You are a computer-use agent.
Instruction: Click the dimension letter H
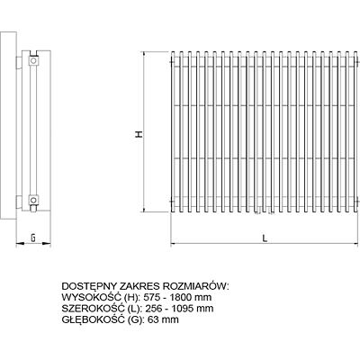click(139, 134)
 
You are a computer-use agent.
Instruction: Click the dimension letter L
click(265, 238)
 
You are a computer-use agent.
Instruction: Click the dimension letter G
click(33, 238)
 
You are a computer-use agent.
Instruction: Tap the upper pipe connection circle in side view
click(33, 61)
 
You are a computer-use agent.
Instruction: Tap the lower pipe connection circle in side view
click(33, 200)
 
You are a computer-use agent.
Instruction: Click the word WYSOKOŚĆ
click(91, 297)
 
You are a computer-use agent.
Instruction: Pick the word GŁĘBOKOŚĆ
click(93, 319)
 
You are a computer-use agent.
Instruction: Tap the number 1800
click(181, 297)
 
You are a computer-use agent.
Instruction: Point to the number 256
click(153, 309)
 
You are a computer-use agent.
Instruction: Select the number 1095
click(183, 309)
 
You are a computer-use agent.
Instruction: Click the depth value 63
click(153, 319)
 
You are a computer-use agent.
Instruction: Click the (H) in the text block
click(131, 297)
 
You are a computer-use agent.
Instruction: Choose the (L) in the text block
click(133, 309)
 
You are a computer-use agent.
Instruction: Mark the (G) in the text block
click(135, 319)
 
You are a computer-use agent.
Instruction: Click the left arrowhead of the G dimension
click(19, 243)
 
